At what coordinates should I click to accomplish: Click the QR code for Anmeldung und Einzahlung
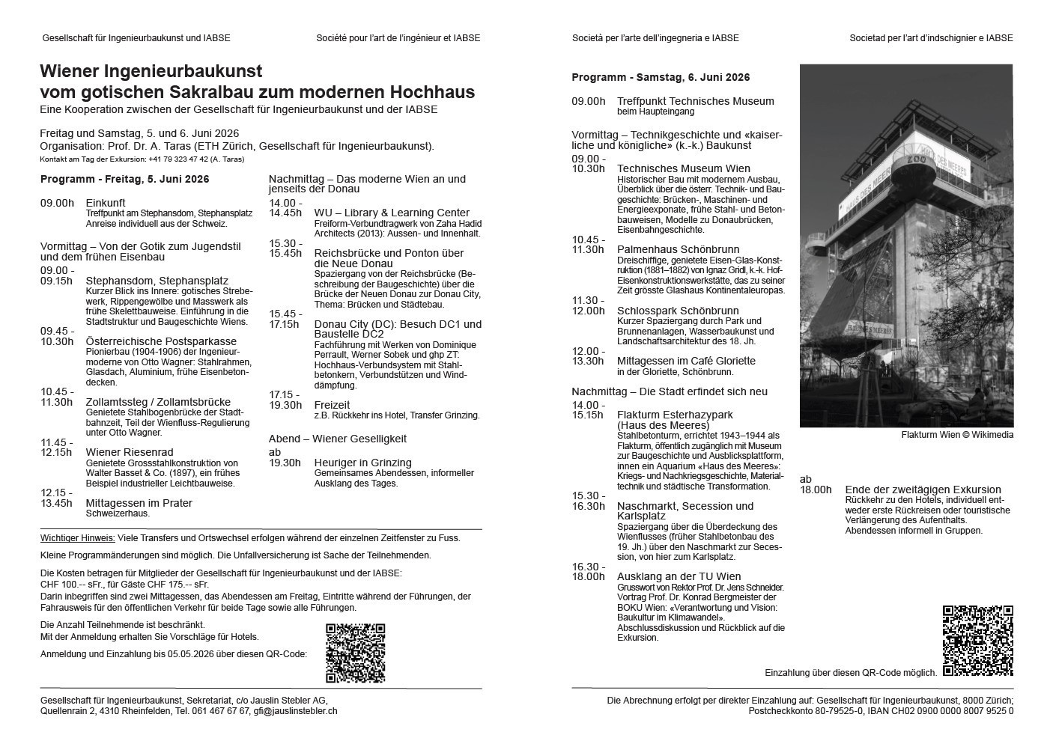click(x=355, y=653)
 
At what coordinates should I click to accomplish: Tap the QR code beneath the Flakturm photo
click(x=977, y=640)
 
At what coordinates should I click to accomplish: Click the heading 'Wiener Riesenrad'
click(x=130, y=452)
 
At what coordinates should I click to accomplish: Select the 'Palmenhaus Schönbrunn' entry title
click(x=678, y=249)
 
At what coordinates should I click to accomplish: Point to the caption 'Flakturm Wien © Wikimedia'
click(x=957, y=435)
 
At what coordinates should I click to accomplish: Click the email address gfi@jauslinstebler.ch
click(x=295, y=710)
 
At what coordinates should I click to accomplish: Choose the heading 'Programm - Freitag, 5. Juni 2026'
click(x=124, y=179)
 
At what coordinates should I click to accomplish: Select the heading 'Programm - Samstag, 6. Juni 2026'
click(x=661, y=77)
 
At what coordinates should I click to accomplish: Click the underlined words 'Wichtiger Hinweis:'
click(x=78, y=537)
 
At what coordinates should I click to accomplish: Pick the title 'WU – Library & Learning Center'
click(x=392, y=213)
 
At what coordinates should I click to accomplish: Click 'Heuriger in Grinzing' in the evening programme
click(x=362, y=463)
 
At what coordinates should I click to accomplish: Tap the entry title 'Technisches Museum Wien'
click(x=683, y=168)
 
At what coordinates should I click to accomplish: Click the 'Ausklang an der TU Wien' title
click(x=679, y=576)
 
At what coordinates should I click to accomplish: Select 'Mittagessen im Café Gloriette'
click(x=686, y=361)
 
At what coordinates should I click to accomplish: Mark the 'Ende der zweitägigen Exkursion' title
click(x=923, y=490)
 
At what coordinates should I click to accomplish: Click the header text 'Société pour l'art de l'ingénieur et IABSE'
click(x=398, y=38)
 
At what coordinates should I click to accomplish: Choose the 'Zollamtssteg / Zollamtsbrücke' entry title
click(x=158, y=402)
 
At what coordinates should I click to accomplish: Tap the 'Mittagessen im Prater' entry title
click(x=139, y=503)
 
